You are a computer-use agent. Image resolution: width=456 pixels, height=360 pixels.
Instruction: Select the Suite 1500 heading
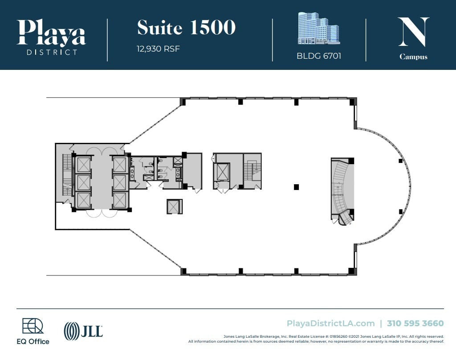[186, 28]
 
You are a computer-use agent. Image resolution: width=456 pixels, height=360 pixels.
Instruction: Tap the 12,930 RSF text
[158, 49]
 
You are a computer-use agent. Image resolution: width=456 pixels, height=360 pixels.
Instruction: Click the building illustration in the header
[318, 28]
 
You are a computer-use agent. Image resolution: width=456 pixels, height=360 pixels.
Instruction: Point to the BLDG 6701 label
[318, 57]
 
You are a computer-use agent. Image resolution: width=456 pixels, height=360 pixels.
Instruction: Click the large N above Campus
[413, 32]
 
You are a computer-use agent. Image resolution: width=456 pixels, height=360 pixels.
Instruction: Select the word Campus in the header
[413, 57]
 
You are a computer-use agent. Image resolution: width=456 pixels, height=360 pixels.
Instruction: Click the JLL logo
[83, 331]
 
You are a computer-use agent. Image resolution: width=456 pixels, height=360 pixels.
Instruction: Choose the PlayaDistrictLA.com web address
[331, 324]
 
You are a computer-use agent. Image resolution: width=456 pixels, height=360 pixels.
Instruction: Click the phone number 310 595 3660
[415, 324]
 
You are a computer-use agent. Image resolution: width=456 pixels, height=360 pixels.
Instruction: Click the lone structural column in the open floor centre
[296, 187]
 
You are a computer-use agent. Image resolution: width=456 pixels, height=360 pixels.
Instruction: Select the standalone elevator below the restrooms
[174, 206]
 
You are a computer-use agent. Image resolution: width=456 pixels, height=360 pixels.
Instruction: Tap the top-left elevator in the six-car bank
[83, 165]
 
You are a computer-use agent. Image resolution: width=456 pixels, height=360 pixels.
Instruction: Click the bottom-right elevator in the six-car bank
[120, 200]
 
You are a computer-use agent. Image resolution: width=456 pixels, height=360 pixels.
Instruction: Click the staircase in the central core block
[252, 172]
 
